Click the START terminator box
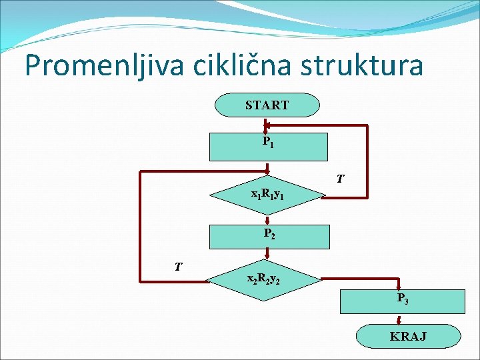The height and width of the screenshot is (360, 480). (x=267, y=105)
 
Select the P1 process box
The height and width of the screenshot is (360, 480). (x=269, y=147)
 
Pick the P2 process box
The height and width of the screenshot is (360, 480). (x=269, y=237)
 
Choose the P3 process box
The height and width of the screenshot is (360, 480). (x=400, y=300)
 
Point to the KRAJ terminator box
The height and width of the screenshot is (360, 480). (x=408, y=335)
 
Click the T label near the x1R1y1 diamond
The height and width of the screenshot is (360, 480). (x=340, y=179)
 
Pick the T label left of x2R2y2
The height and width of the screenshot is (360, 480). (x=178, y=267)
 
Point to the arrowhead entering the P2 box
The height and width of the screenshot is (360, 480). (x=267, y=222)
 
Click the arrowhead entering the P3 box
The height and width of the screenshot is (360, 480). (x=399, y=287)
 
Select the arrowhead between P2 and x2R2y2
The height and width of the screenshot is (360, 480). (x=267, y=254)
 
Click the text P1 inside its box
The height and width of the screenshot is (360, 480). (x=267, y=142)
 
